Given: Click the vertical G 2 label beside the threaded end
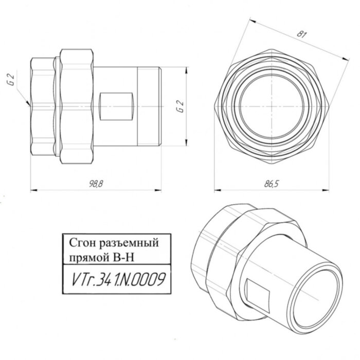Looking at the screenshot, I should tap(180, 107).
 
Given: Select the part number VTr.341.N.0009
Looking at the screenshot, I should tap(116, 280).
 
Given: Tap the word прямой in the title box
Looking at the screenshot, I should tap(83, 255).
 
